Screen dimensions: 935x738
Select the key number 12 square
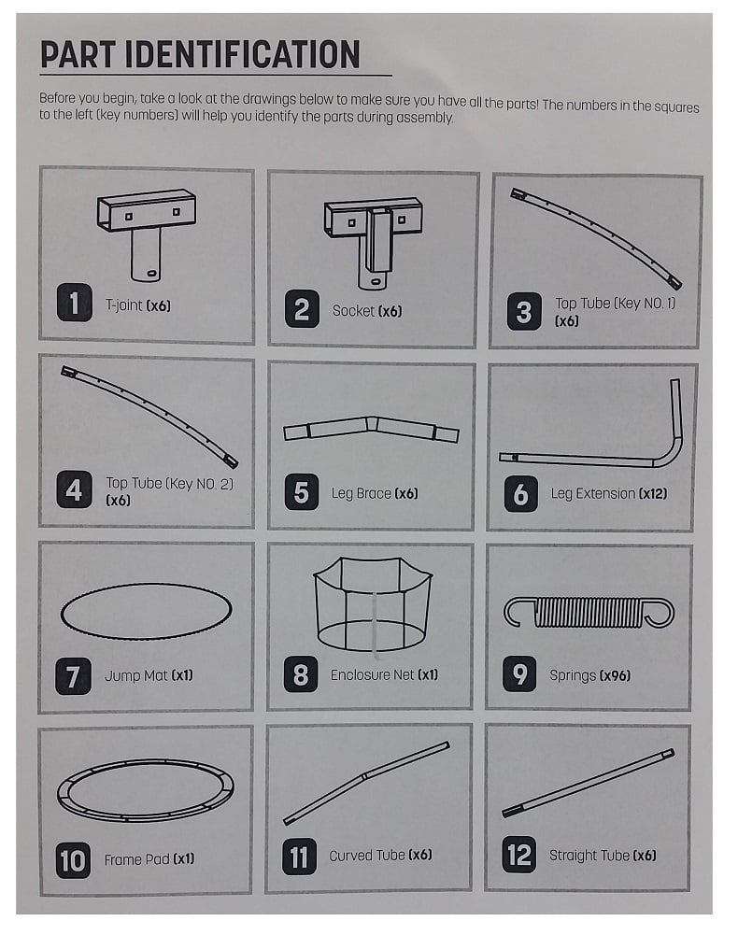tap(519, 856)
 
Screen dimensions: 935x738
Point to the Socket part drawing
tap(372, 238)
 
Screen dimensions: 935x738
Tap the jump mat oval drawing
tap(146, 612)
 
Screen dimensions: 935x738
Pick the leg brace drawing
tap(371, 430)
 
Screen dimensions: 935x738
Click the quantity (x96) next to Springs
tap(617, 675)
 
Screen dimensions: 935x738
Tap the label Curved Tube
tap(366, 856)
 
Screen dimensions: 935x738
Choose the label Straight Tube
tap(589, 856)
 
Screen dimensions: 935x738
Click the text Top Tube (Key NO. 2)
tap(163, 483)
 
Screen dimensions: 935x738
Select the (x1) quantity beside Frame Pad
tap(183, 859)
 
